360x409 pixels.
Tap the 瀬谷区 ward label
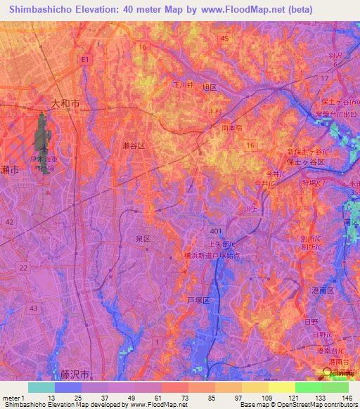pyautogui.click(x=133, y=145)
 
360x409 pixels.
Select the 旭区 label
pyautogui.click(x=209, y=87)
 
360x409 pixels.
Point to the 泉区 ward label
pyautogui.click(x=143, y=239)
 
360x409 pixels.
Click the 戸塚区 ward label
pyautogui.click(x=199, y=299)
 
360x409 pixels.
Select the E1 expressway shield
pyautogui.click(x=84, y=60)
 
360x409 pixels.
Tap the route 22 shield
pyautogui.click(x=23, y=267)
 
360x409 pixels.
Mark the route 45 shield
pyautogui.click(x=224, y=39)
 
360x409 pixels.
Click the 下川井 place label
pyautogui.click(x=184, y=84)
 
